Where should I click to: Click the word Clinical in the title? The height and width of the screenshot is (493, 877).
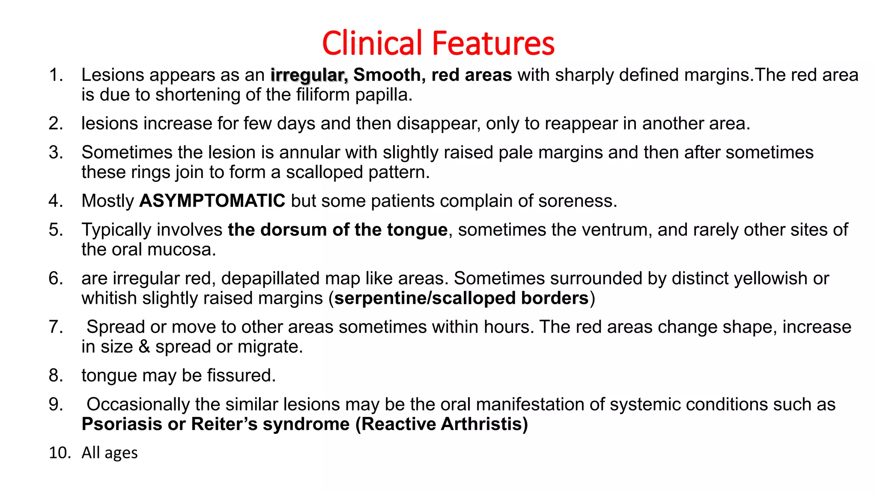click(x=372, y=43)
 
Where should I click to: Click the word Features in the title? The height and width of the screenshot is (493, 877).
click(x=493, y=43)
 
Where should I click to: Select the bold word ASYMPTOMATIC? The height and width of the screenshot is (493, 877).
click(x=212, y=201)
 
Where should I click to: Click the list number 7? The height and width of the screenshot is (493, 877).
click(x=56, y=327)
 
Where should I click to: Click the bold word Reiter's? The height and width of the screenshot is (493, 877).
click(x=224, y=424)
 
